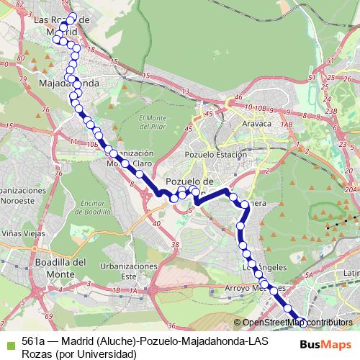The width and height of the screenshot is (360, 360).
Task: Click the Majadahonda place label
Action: click(68, 84)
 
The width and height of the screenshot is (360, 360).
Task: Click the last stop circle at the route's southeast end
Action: click(302, 323)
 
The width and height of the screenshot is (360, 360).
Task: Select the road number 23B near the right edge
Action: click(330, 111)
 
